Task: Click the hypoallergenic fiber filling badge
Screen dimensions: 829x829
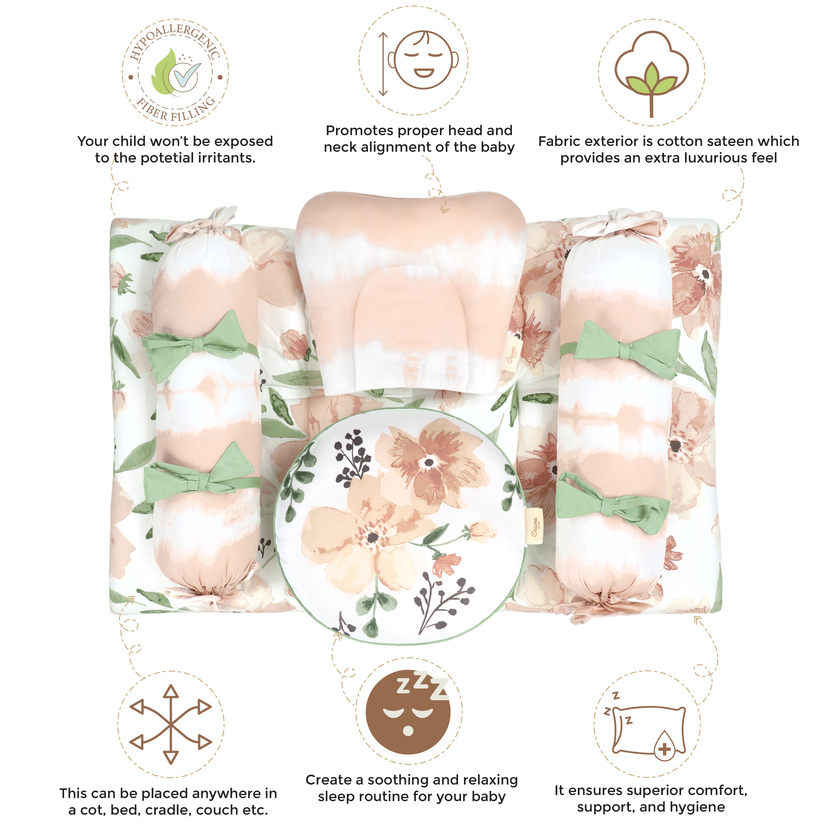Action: [175, 72]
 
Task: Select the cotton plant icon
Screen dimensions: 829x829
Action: [651, 73]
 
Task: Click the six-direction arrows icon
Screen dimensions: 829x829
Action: [171, 724]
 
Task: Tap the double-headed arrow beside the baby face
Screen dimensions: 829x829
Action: [383, 64]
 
